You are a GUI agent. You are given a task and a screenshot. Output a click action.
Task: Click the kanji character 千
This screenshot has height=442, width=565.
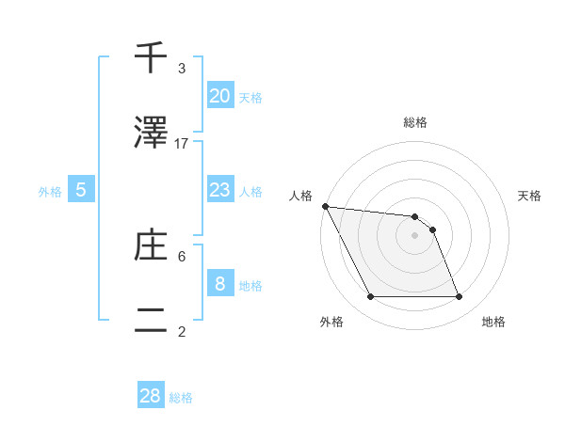coord(151,59)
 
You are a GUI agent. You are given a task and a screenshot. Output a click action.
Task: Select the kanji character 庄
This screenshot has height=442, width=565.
coord(151,246)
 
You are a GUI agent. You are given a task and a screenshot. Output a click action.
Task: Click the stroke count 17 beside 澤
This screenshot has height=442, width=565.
coord(182,144)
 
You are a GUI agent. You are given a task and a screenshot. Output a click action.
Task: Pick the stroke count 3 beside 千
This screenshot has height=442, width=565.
coord(182,69)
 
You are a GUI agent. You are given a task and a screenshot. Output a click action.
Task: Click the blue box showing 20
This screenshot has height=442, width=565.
coord(219,96)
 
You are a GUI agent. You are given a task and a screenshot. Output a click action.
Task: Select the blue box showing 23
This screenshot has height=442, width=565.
coord(219,190)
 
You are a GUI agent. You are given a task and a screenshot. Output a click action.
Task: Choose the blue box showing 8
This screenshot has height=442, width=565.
coord(219,284)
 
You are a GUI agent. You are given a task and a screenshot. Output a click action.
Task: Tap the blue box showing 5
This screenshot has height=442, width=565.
coord(81,190)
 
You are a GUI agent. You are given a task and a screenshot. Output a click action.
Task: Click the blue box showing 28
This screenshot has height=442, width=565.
coord(151,396)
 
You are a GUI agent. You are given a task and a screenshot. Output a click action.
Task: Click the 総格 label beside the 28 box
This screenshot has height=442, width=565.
coord(181,398)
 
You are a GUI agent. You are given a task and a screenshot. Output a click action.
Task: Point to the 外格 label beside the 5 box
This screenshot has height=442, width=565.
coord(50,191)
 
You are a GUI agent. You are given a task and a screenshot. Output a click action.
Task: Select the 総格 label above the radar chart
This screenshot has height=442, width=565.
coord(415,122)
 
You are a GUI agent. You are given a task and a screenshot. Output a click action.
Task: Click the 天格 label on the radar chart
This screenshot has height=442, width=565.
coord(530,196)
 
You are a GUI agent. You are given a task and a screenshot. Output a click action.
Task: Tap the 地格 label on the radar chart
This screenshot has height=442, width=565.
coord(493,322)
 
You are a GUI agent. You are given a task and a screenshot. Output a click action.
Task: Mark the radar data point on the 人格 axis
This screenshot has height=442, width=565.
coord(325,206)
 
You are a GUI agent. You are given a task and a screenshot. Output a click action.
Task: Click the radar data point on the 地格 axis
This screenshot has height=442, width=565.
coord(460,297)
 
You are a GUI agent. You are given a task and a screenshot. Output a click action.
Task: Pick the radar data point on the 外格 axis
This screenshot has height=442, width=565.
coord(370,297)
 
